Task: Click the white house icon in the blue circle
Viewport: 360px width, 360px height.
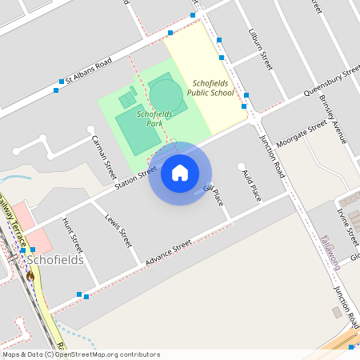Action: coord(180,173)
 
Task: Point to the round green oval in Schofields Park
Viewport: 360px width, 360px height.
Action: coord(166,94)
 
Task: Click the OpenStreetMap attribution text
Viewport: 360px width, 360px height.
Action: coord(81,354)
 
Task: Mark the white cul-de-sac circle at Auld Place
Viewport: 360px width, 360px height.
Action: coord(242,166)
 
